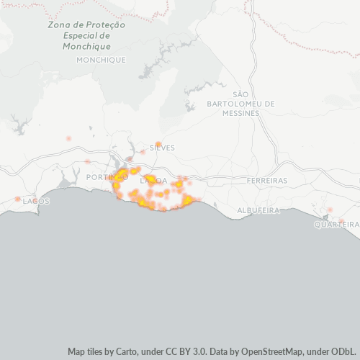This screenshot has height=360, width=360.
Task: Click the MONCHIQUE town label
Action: (x=101, y=60)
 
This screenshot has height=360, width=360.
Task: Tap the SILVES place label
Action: (x=162, y=148)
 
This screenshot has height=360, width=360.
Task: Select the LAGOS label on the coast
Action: (x=36, y=201)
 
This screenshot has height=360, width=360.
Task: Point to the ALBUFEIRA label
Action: (x=258, y=210)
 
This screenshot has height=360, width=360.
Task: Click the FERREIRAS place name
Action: (x=266, y=180)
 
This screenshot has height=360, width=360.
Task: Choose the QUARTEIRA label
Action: (x=336, y=225)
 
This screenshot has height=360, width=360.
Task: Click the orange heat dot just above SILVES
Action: (x=158, y=144)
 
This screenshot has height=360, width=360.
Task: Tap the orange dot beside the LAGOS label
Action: (x=17, y=199)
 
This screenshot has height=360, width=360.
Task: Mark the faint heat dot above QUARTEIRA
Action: (x=330, y=210)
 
